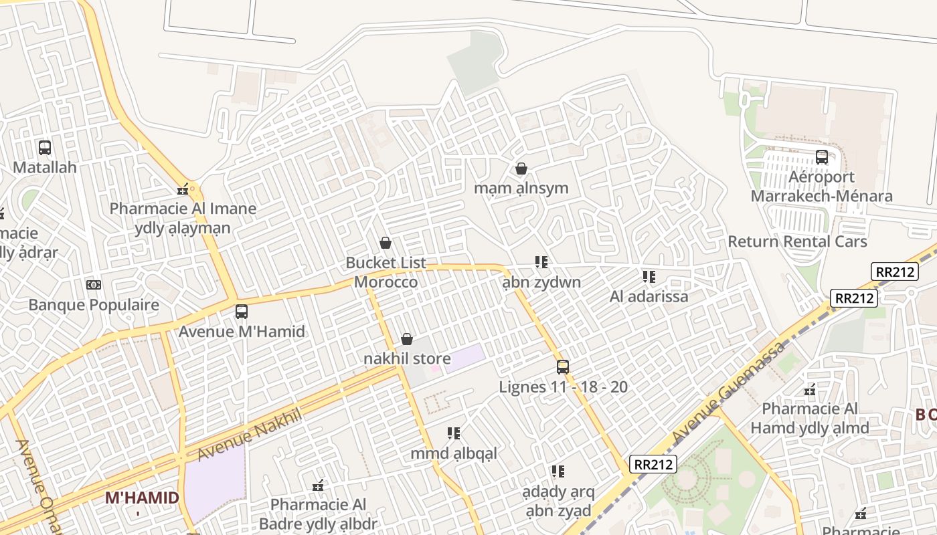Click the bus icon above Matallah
pyautogui.click(x=45, y=148)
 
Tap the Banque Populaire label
pyautogui.click(x=94, y=306)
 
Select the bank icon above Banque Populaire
pyautogui.click(x=94, y=285)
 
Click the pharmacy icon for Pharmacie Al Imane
pyautogui.click(x=183, y=189)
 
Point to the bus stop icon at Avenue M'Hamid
pyautogui.click(x=241, y=312)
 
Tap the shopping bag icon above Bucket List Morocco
pyautogui.click(x=386, y=243)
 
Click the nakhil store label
pyautogui.click(x=407, y=359)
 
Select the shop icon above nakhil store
pyautogui.click(x=407, y=340)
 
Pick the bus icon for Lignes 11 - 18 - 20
pyautogui.click(x=563, y=367)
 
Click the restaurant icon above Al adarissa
pyautogui.click(x=649, y=276)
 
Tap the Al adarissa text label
pyautogui.click(x=649, y=296)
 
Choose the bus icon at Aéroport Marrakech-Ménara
pyautogui.click(x=821, y=157)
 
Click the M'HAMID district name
pyautogui.click(x=143, y=498)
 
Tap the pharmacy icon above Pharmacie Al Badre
pyautogui.click(x=319, y=485)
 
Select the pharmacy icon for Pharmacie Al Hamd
pyautogui.click(x=810, y=389)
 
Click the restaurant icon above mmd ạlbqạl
pyautogui.click(x=454, y=433)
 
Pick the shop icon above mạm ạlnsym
pyautogui.click(x=521, y=169)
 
